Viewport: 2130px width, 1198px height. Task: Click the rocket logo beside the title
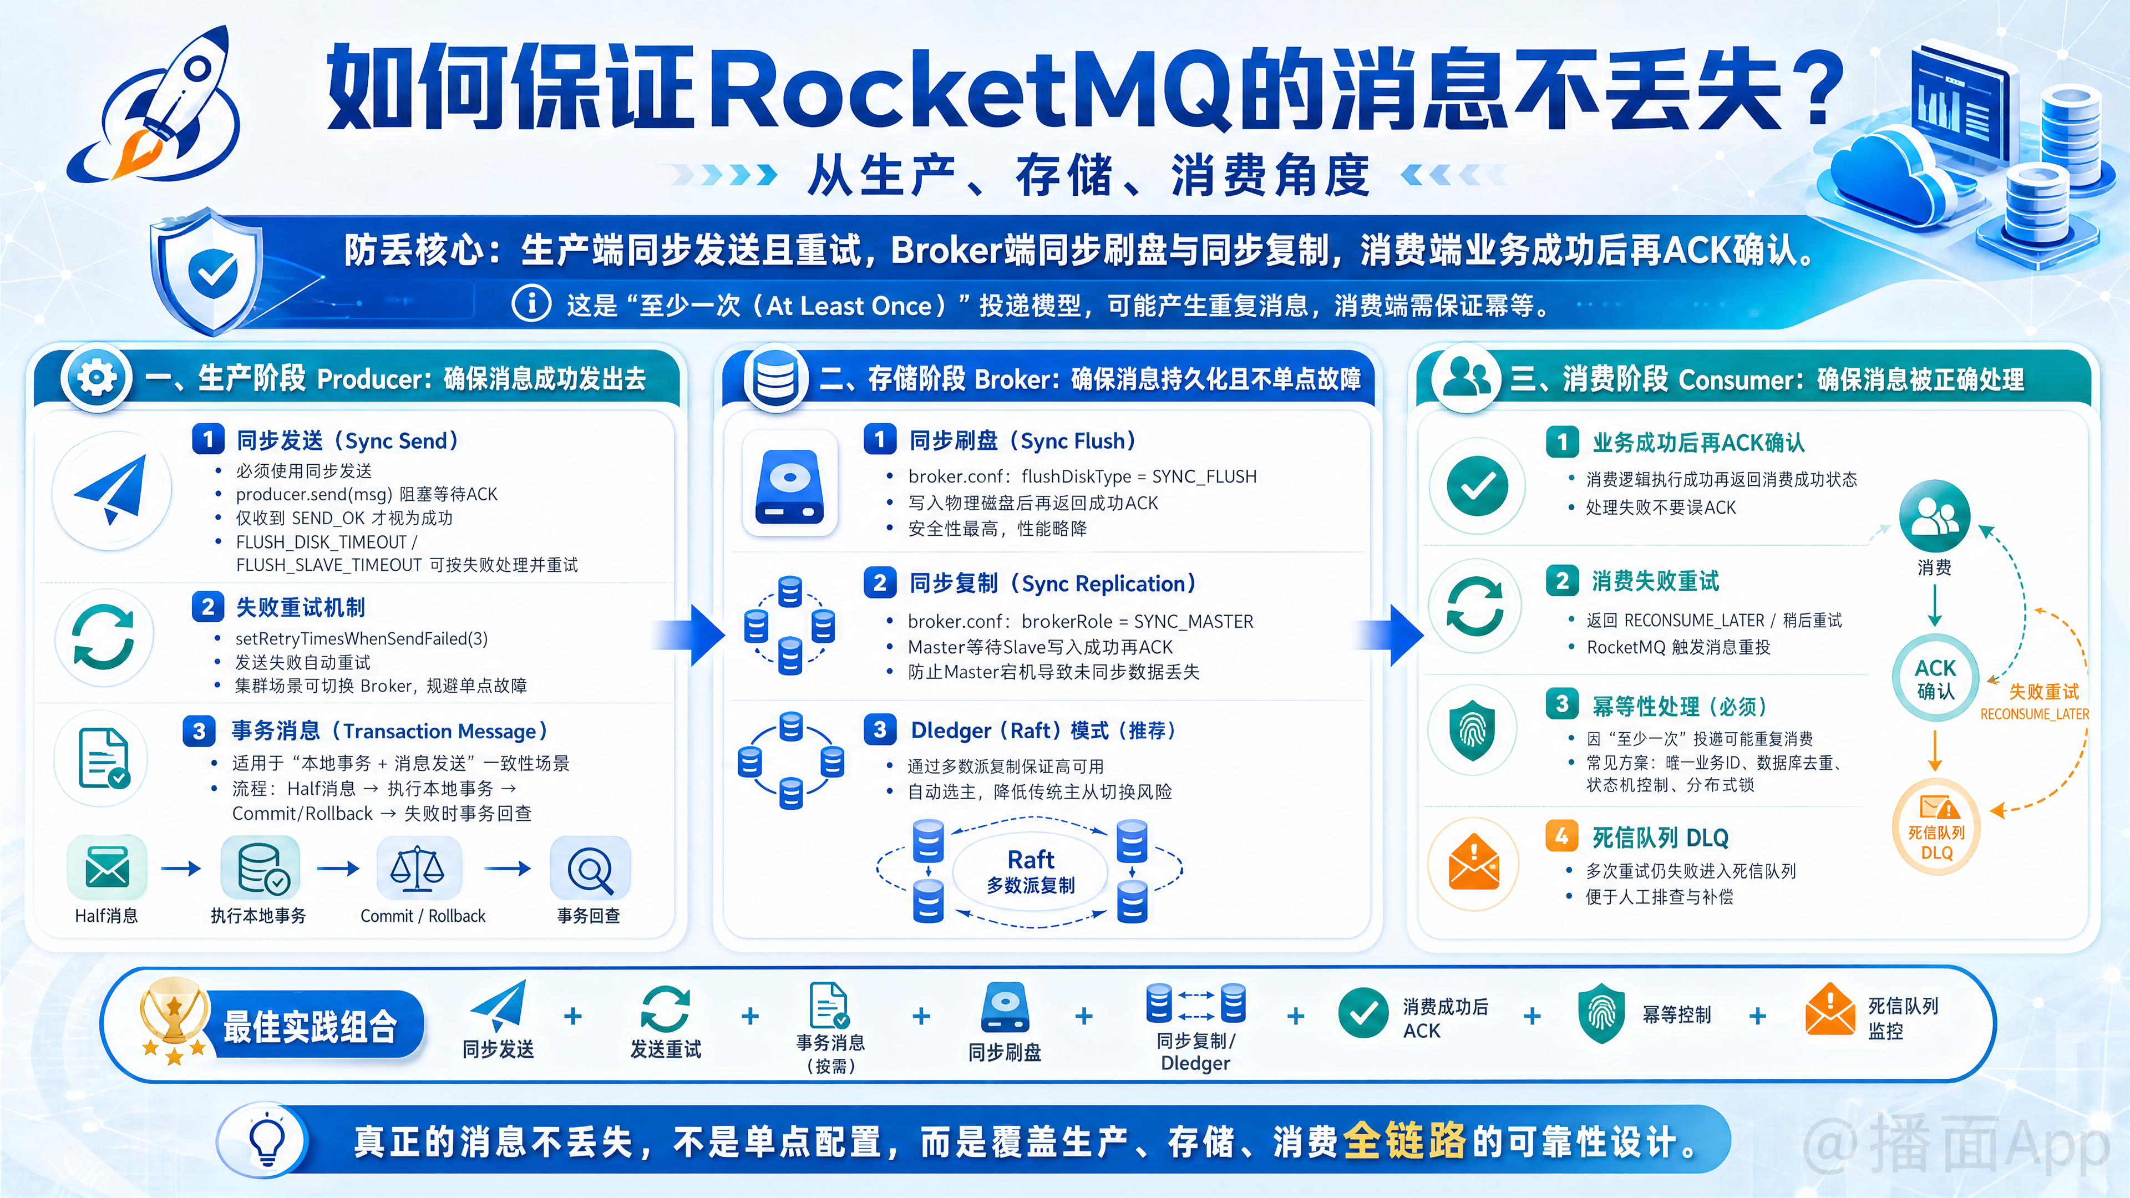157,108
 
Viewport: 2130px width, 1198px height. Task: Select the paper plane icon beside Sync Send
111,489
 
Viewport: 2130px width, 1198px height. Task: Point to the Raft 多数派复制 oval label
1030,871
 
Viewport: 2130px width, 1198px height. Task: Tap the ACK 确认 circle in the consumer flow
1935,679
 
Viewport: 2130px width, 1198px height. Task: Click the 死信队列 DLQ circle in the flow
1936,827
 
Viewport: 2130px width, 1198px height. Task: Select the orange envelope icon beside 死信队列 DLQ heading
1473,863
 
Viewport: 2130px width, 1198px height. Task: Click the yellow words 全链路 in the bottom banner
1404,1141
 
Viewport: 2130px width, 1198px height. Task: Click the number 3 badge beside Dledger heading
880,729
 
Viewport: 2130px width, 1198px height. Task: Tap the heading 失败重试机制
300,608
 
